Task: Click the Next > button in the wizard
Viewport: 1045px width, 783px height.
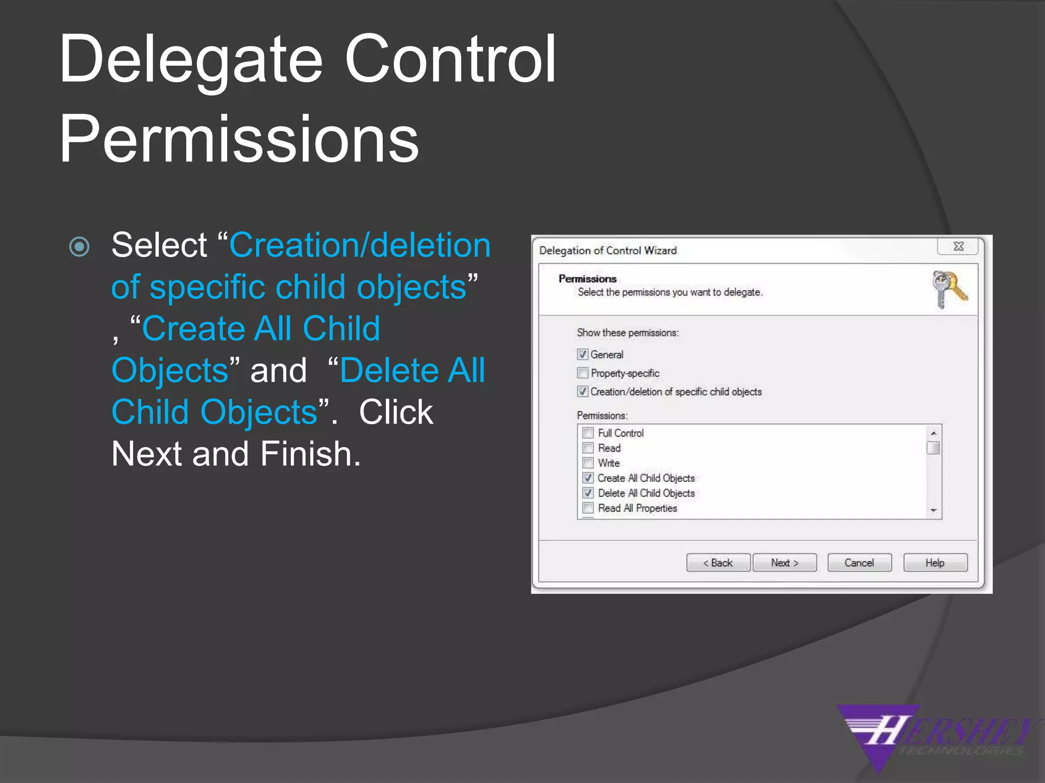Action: [784, 563]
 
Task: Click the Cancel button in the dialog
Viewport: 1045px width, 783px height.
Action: [859, 563]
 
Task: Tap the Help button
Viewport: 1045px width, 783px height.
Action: [935, 563]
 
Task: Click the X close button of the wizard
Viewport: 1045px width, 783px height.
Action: [958, 247]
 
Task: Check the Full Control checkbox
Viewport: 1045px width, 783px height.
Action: [588, 433]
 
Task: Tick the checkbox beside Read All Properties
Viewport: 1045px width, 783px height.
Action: [588, 508]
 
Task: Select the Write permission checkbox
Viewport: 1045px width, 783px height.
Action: [588, 463]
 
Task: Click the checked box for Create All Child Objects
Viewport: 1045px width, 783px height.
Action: [588, 478]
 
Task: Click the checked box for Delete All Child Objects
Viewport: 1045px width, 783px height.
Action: [588, 493]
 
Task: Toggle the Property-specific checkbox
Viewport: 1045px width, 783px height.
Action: [583, 373]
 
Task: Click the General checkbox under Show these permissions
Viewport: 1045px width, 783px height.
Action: [583, 354]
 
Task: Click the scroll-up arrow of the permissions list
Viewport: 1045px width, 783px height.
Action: [933, 433]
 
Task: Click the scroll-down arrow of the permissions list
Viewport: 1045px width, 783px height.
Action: [933, 510]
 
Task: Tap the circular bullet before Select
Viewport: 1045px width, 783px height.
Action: [80, 247]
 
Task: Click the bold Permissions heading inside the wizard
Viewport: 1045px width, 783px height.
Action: [587, 279]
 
